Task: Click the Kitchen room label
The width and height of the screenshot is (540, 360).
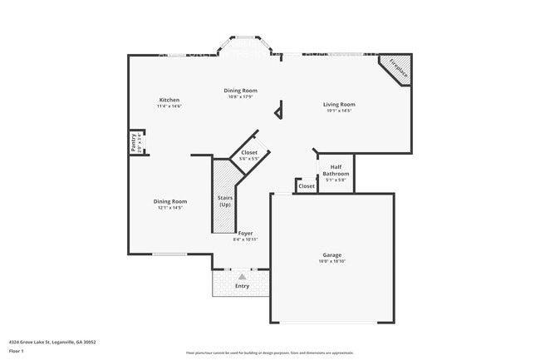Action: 169,100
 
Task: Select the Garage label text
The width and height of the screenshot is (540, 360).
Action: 332,254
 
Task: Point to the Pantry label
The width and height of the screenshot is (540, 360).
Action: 133,142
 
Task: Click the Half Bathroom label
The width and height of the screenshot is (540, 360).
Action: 331,170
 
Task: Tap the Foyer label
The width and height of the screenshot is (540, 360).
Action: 245,234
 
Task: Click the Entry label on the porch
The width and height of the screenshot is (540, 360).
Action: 242,286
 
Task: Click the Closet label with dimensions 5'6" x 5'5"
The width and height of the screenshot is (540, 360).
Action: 249,153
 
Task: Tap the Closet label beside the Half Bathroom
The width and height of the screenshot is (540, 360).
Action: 307,186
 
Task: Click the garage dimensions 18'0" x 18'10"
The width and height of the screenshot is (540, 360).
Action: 332,261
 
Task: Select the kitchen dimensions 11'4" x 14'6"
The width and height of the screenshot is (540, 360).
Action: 169,106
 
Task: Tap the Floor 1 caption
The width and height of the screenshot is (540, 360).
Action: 16,351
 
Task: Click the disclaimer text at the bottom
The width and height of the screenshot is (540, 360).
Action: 269,353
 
